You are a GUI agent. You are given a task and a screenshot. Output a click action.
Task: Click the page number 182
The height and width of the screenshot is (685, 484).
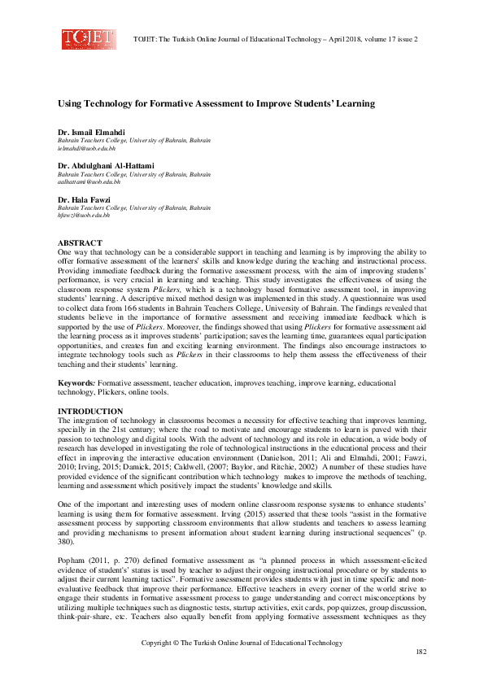click(421, 652)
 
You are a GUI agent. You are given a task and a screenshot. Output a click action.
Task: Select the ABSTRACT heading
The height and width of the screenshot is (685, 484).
click(80, 243)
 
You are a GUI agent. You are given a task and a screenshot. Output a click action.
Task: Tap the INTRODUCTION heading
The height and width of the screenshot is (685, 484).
click(89, 411)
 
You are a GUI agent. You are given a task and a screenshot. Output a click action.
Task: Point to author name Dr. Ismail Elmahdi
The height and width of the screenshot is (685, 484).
click(92, 131)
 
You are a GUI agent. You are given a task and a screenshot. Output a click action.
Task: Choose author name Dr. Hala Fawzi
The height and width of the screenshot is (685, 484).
click(85, 199)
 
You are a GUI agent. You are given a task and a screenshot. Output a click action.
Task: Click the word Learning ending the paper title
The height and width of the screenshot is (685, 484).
click(356, 104)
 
